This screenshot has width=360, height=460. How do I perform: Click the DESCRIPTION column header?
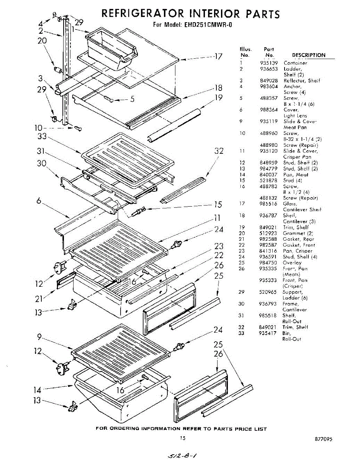point(309,55)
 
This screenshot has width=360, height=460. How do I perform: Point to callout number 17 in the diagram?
point(218,57)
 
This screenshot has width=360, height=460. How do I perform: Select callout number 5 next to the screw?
point(132,100)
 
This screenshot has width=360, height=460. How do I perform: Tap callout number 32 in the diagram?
point(219,151)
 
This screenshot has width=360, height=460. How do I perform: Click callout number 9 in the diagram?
point(40,337)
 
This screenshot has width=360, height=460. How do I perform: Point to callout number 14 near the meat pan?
point(37,390)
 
